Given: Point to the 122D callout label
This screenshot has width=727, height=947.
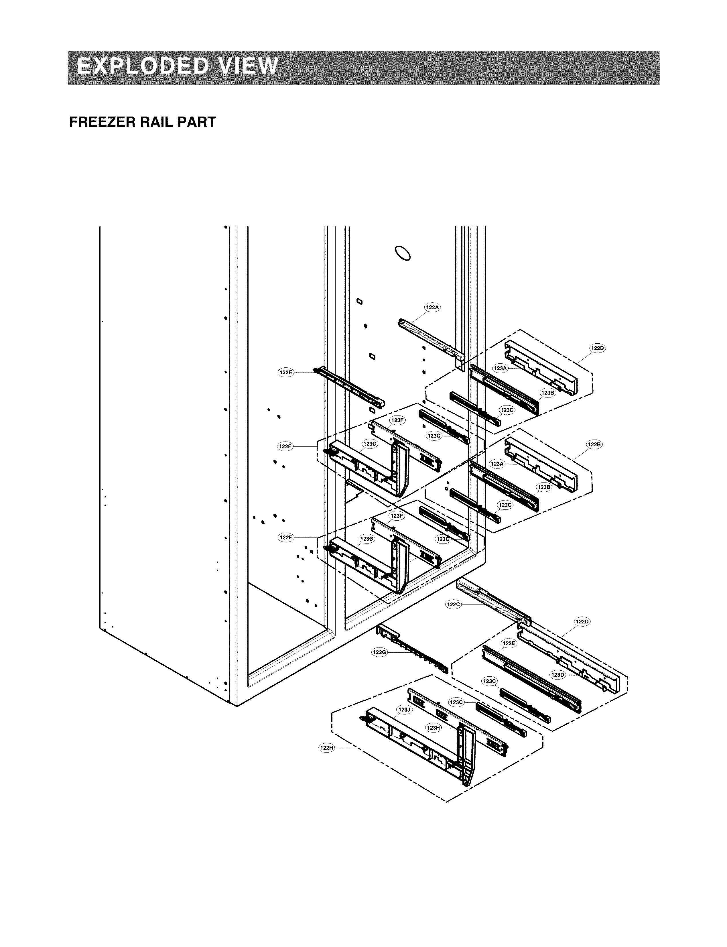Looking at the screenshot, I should pos(582,622).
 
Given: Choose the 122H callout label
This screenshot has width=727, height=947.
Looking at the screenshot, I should pos(326,747).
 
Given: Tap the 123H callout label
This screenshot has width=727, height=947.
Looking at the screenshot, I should pos(433,728).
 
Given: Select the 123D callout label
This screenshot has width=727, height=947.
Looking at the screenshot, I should pos(557,675).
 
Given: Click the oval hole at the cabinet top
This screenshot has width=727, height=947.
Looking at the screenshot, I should pos(403,253).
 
